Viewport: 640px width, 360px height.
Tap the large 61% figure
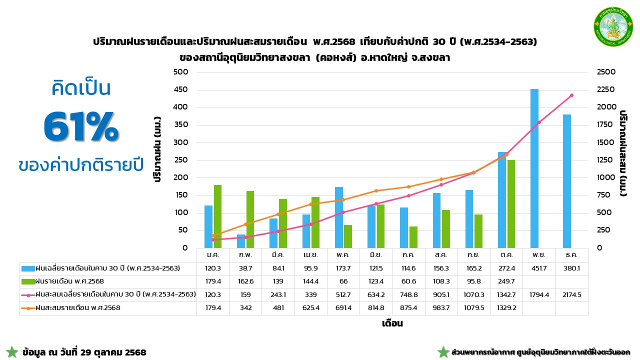point(81,126)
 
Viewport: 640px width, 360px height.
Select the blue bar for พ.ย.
point(534,168)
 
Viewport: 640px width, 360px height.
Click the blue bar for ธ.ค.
point(567,181)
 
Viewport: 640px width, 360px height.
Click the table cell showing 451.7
point(539,268)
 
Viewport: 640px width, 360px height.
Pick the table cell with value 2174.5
point(571,294)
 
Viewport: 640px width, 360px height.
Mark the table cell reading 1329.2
point(506,308)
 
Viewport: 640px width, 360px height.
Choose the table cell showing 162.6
point(245,281)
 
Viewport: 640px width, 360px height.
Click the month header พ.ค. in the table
point(343,255)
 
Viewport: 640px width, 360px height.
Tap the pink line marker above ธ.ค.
point(571,95)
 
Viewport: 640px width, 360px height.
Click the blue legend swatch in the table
point(28,268)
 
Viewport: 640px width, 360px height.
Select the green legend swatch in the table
point(28,281)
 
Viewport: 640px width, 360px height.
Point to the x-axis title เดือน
point(392,323)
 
